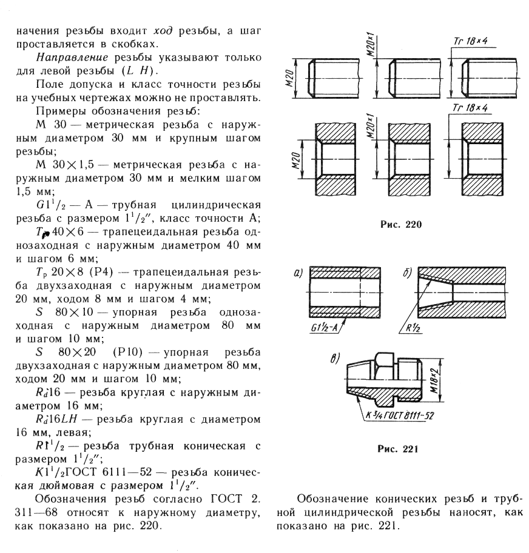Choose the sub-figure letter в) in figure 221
(334, 357)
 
